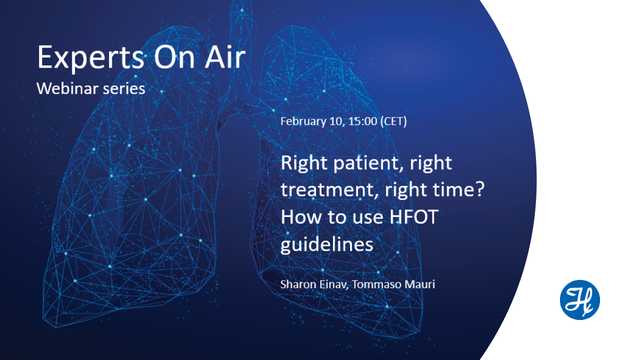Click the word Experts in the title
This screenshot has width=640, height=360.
click(84, 57)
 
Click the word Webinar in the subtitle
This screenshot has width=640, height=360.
click(67, 88)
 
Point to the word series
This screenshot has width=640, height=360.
click(124, 88)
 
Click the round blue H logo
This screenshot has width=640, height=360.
click(579, 300)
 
